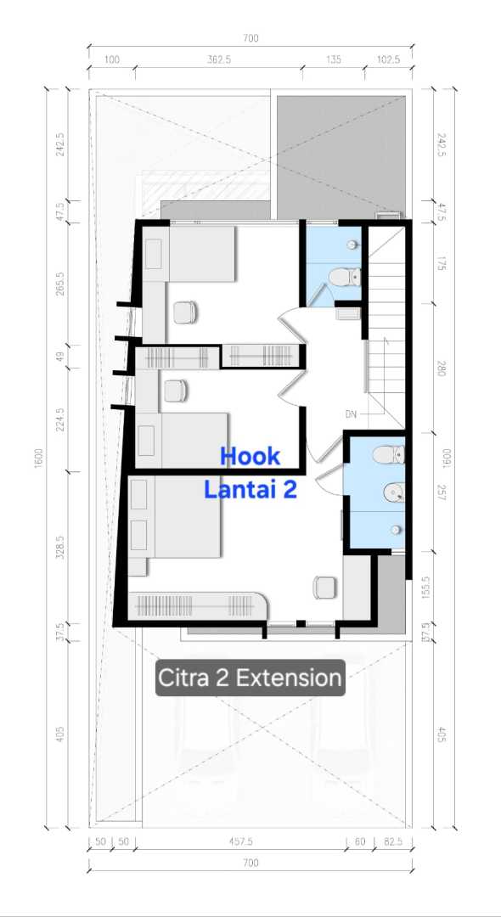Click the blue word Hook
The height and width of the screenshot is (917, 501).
pos(250,457)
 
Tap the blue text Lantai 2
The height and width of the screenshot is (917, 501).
pos(250,490)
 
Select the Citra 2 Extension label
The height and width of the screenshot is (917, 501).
pos(250,678)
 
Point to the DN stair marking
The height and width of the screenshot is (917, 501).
pos(351,414)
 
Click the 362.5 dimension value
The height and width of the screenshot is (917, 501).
pos(218,59)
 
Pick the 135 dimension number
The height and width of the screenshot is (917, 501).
pos(333,59)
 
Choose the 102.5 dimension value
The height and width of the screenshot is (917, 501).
pos(388,59)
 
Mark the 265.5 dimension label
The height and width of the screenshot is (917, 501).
pos(60,283)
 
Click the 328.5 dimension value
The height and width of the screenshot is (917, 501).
pos(60,547)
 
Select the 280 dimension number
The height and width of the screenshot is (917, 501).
pos(442,368)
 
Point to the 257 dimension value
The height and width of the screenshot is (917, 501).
pos(442,492)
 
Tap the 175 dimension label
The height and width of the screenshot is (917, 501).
pos(442,264)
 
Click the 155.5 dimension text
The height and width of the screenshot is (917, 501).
pos(426,588)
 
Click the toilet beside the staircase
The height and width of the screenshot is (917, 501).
pos(344,277)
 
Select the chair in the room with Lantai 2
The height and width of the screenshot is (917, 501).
pos(324,588)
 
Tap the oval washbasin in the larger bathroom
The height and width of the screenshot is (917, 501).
pos(394,492)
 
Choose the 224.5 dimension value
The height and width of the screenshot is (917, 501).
pos(60,419)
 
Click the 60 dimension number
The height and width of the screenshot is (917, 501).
pos(360,841)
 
